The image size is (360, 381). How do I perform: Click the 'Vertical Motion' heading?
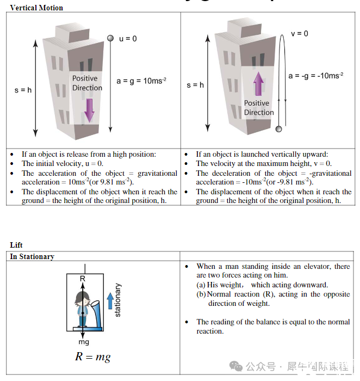(x=36, y=8)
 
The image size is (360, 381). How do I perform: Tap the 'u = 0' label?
(x=128, y=39)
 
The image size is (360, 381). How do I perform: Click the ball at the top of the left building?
(x=110, y=38)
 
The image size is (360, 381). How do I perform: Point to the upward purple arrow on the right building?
(x=258, y=85)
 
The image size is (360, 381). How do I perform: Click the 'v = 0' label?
(x=300, y=34)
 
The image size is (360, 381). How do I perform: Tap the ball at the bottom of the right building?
(x=279, y=128)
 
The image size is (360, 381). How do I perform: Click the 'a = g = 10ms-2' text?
(x=141, y=81)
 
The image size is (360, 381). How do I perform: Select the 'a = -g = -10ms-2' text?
(x=315, y=76)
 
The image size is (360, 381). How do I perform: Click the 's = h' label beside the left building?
(x=23, y=90)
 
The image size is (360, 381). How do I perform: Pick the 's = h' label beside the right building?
(x=195, y=85)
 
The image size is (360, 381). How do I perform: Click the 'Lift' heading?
(x=16, y=245)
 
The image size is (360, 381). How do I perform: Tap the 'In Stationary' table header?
(x=32, y=256)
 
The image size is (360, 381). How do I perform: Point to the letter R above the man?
(x=83, y=279)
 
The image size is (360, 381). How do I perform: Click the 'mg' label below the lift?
(x=83, y=342)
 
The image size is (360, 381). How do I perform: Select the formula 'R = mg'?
(x=92, y=357)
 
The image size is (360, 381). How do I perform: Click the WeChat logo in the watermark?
(x=237, y=366)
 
